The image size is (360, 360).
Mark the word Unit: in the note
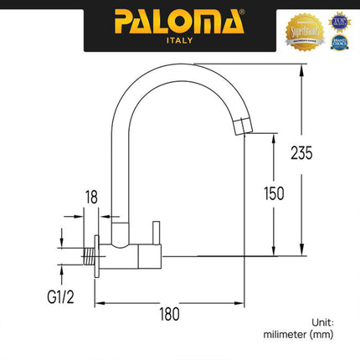pyautogui.click(x=322, y=321)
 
